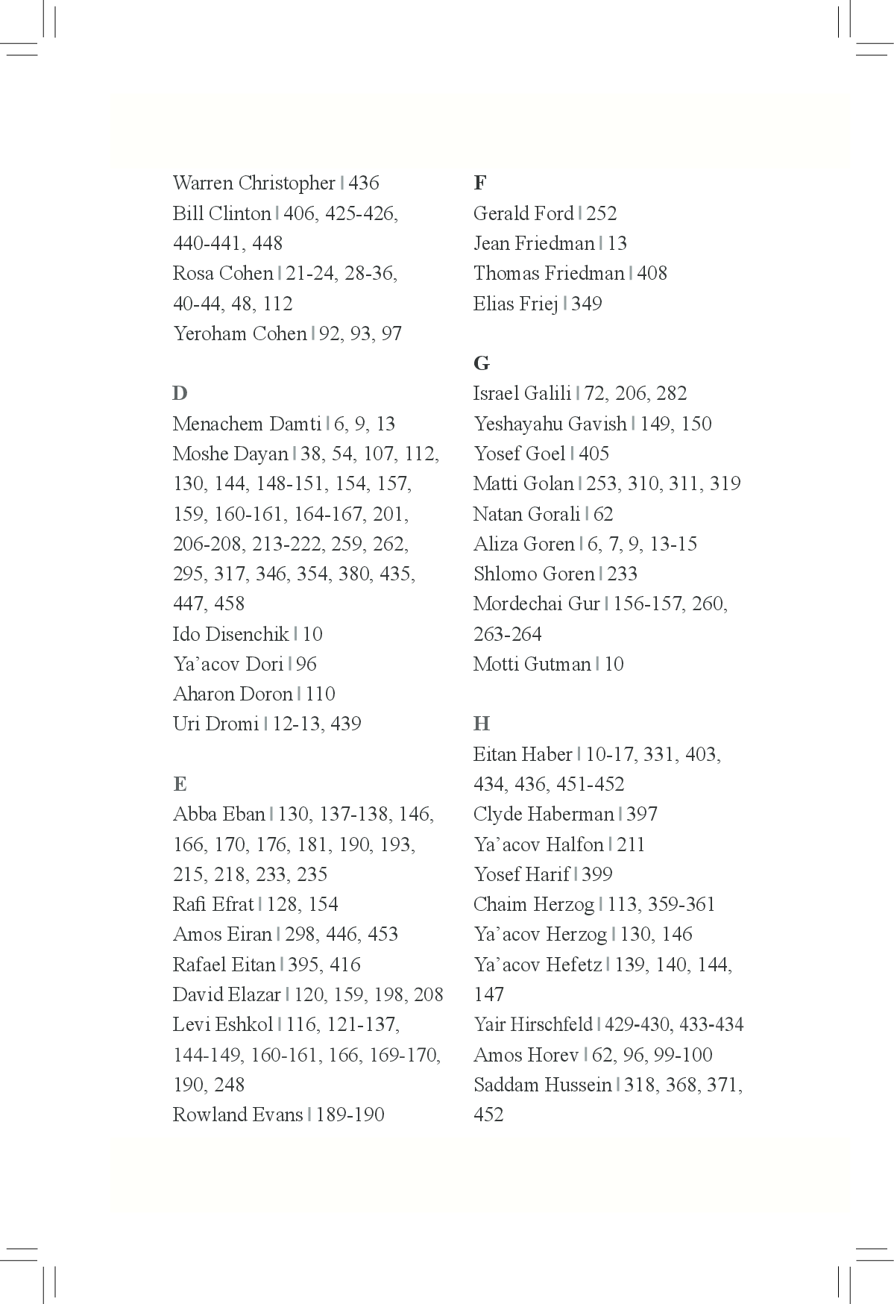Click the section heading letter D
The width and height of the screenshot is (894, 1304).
pyautogui.click(x=180, y=393)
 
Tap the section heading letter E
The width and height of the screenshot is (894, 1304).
pyautogui.click(x=180, y=784)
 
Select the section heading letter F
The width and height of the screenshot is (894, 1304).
pyautogui.click(x=479, y=183)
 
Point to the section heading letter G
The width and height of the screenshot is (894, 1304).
pyautogui.click(x=482, y=363)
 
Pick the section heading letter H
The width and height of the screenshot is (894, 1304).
pyautogui.click(x=482, y=724)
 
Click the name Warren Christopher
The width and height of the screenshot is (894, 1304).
pyautogui.click(x=254, y=184)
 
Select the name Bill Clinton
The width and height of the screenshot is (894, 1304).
pyautogui.click(x=221, y=214)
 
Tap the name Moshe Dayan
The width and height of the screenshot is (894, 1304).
pyautogui.click(x=230, y=454)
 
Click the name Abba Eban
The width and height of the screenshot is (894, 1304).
pyautogui.click(x=218, y=815)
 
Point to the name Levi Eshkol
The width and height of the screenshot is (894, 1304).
pyautogui.click(x=222, y=1025)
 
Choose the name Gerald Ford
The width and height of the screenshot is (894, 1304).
pyautogui.click(x=523, y=214)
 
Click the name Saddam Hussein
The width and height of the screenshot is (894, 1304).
pyautogui.click(x=542, y=1085)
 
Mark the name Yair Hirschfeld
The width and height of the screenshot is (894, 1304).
pyautogui.click(x=532, y=1025)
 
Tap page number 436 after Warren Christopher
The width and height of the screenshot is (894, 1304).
pyautogui.click(x=364, y=184)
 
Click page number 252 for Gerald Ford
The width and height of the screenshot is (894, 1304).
pyautogui.click(x=602, y=214)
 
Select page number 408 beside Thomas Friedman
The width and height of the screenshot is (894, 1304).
pyautogui.click(x=652, y=274)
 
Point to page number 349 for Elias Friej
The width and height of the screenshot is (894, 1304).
pyautogui.click(x=587, y=304)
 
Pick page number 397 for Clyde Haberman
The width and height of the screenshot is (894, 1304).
pyautogui.click(x=642, y=815)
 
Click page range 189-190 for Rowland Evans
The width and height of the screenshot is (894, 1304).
pyautogui.click(x=350, y=1115)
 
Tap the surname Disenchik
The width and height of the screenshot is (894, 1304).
pyautogui.click(x=246, y=635)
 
